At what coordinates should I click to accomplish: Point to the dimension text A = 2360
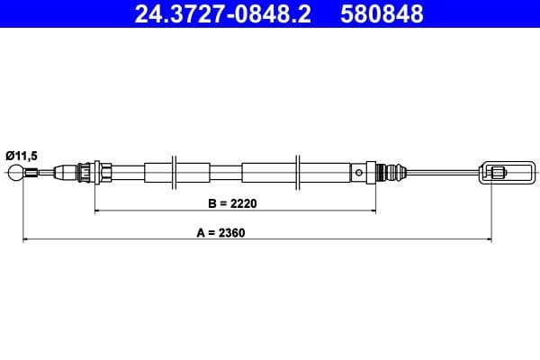click(x=221, y=232)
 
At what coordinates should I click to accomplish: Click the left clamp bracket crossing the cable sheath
click(x=176, y=171)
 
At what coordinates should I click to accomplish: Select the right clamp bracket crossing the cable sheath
click(x=298, y=171)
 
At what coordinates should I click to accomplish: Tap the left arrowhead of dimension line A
click(x=25, y=239)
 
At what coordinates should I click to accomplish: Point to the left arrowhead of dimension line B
click(x=98, y=211)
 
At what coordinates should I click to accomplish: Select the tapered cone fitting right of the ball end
click(x=65, y=171)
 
